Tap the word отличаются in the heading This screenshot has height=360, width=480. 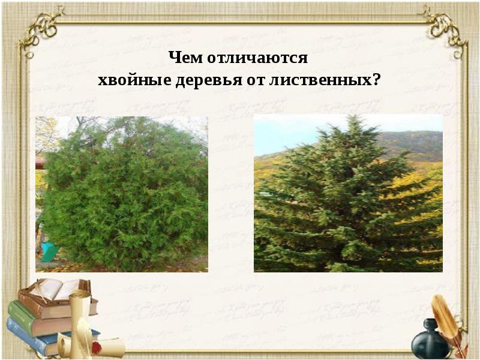258,58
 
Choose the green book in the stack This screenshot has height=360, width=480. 33,318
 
